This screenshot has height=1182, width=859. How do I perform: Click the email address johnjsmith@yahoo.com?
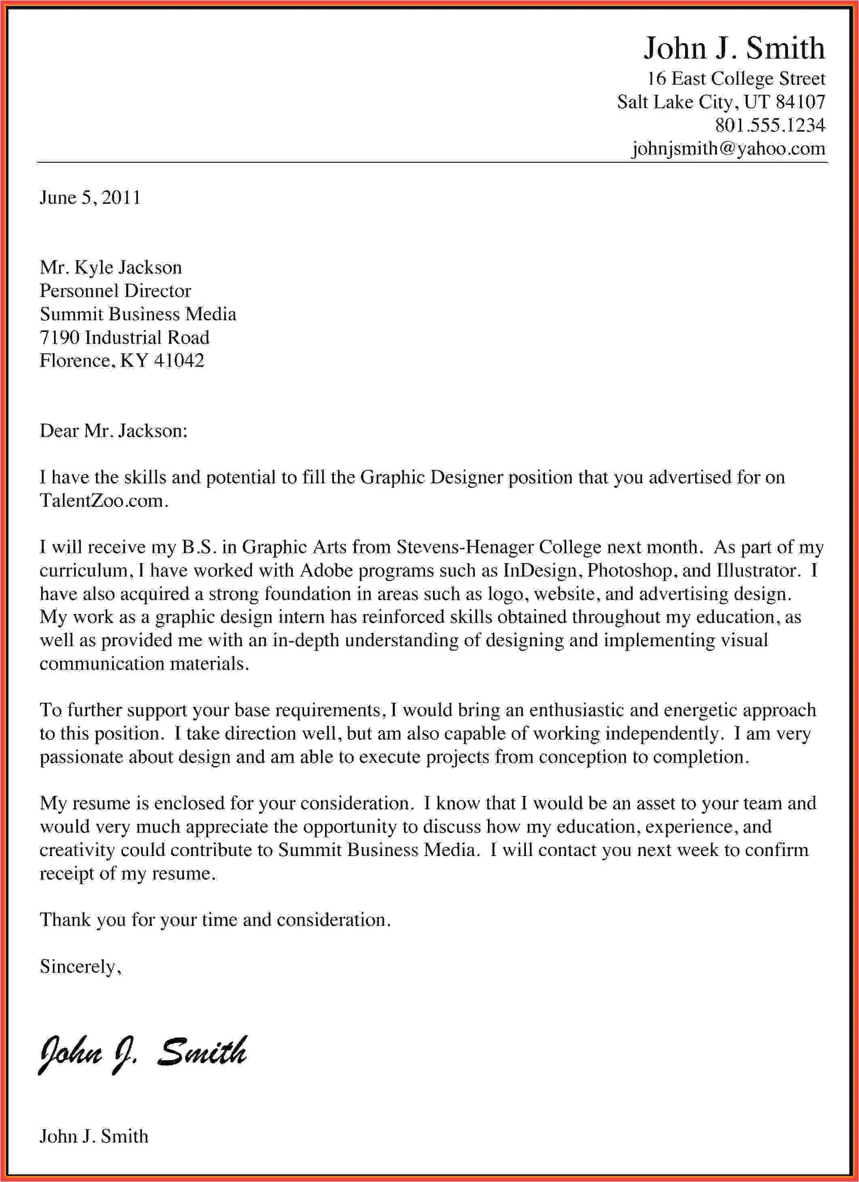(x=728, y=148)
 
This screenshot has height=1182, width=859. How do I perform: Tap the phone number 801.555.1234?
(x=770, y=125)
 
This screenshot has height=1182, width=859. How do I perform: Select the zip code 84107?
(x=800, y=102)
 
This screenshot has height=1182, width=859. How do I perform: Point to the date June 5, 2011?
(x=90, y=198)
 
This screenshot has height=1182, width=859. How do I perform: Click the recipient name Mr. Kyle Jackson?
(x=111, y=267)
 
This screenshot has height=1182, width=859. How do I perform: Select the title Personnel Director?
(x=115, y=291)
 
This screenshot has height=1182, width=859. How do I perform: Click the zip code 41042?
(x=179, y=361)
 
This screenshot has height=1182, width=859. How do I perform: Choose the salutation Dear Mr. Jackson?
(x=113, y=430)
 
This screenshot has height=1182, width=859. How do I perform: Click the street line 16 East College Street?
(x=736, y=79)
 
